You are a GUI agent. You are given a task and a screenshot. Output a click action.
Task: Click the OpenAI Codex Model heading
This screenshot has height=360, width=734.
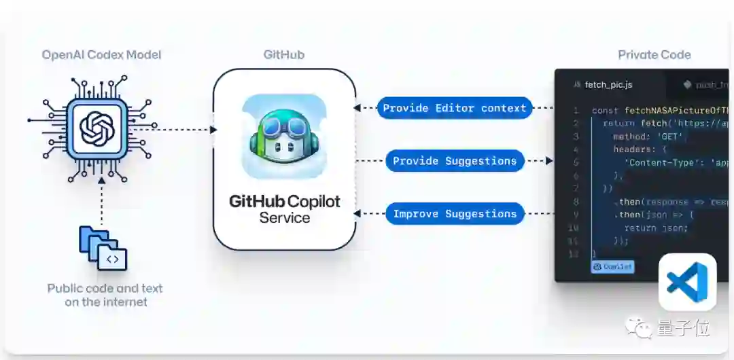coord(101,55)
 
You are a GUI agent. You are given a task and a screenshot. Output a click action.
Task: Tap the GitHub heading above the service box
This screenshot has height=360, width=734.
coord(284,55)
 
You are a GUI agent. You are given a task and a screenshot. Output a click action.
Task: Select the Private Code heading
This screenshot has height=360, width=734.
coord(654,55)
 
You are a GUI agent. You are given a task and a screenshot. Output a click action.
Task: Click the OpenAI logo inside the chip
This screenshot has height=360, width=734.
coord(97,129)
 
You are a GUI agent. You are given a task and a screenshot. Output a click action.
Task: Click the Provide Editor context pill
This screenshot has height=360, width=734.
coord(455,108)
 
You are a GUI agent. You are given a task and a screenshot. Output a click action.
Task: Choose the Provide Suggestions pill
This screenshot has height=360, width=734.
coord(455,161)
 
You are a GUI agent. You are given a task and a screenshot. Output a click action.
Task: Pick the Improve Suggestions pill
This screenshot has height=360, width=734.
coord(455,214)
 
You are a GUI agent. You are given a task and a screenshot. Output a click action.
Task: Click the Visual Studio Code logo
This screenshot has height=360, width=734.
coord(687,282)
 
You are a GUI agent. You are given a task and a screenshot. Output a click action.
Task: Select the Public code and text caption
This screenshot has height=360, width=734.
coord(105,295)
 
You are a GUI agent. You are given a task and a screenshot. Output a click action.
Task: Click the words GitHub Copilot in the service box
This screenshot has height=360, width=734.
coord(284,202)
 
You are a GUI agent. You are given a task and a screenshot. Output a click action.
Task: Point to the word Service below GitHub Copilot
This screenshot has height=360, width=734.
coord(284,218)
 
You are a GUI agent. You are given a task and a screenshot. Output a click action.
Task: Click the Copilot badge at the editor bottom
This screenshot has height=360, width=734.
coord(612,267)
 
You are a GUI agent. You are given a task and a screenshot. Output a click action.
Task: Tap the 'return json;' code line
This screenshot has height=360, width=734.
coord(646,228)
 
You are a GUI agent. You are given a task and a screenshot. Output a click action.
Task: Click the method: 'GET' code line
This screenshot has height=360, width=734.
coord(639,136)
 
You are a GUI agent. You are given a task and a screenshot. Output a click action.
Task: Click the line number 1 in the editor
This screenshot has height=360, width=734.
coord(576,110)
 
